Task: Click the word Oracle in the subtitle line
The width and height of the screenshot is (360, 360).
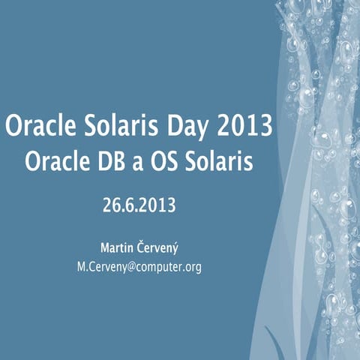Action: click(x=52, y=162)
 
